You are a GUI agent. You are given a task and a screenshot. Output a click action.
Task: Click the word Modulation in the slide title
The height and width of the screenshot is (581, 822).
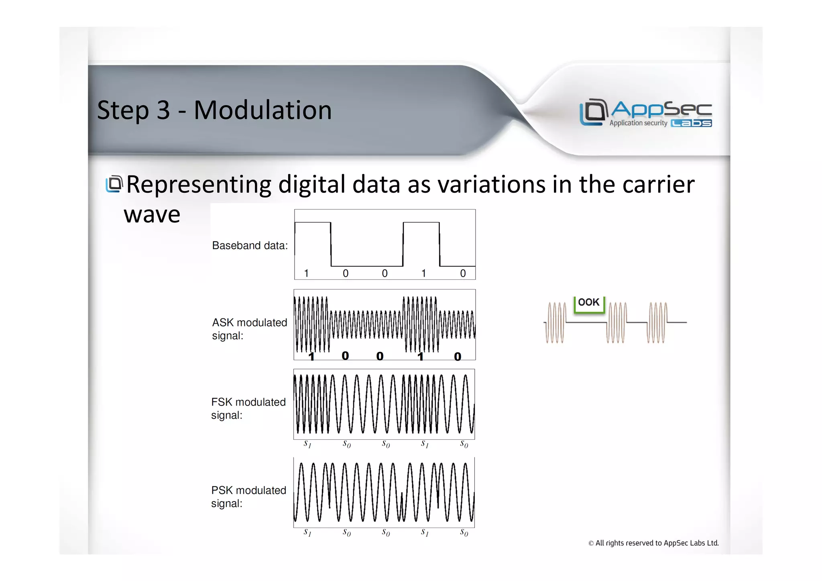point(262,110)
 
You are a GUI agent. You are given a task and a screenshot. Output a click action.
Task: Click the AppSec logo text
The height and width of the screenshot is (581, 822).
point(661,109)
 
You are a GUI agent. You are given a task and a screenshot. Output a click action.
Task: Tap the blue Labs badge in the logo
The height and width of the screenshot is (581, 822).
point(691,123)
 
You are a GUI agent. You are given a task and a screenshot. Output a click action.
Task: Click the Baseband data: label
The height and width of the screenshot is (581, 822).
point(250,245)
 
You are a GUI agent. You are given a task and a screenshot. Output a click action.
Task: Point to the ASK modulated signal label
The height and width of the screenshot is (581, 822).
point(249,329)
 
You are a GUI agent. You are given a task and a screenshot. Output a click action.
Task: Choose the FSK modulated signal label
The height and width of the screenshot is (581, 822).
point(248,408)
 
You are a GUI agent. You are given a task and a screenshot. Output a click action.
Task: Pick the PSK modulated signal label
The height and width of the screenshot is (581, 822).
point(248,497)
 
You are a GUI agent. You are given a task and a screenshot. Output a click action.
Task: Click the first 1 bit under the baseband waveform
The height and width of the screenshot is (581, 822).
point(306,273)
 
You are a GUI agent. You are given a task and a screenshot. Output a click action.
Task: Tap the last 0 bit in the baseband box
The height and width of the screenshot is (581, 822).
point(463,273)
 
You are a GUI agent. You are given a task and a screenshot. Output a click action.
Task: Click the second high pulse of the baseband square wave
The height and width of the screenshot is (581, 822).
point(421,223)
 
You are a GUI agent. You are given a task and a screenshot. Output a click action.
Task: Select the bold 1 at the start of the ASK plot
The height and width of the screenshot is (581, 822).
point(311,356)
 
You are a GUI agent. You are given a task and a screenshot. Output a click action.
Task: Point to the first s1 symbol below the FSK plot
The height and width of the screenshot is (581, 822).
point(307,444)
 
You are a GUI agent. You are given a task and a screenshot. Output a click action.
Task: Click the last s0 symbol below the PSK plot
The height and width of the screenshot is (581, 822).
point(464,532)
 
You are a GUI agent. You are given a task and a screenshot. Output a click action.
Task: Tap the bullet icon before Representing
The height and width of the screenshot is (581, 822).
point(114,184)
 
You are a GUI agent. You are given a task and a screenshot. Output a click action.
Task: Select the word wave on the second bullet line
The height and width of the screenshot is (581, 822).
point(152,214)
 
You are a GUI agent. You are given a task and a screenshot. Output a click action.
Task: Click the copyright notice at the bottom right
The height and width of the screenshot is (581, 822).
point(653,543)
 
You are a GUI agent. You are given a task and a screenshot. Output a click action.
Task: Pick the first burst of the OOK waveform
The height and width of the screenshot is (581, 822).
point(555,322)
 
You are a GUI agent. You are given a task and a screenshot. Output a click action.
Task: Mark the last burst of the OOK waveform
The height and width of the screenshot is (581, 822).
point(657,322)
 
